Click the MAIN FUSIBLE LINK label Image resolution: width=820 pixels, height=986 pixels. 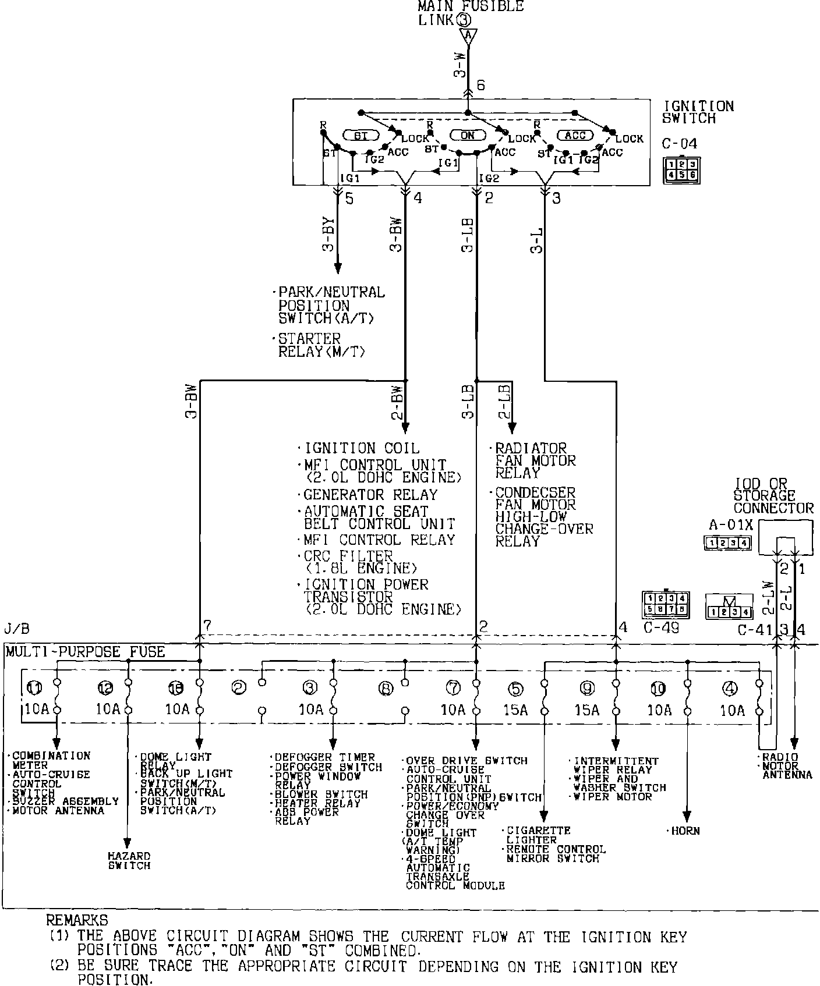click(x=471, y=12)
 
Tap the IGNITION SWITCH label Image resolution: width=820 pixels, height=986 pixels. click(x=698, y=112)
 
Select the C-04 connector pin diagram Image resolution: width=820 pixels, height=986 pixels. click(x=681, y=169)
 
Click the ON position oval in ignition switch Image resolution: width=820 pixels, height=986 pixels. click(x=468, y=135)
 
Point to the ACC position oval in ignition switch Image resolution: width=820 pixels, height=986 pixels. click(x=575, y=135)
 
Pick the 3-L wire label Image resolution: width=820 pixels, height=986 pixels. click(x=536, y=240)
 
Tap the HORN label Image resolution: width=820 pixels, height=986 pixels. click(x=685, y=831)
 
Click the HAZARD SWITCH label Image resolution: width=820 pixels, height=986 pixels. click(x=129, y=861)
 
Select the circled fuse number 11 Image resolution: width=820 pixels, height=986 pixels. click(x=34, y=689)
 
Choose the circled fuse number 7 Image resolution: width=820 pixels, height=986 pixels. click(x=453, y=689)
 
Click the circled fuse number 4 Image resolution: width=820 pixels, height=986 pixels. click(x=729, y=689)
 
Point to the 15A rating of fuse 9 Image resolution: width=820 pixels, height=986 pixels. click(x=586, y=710)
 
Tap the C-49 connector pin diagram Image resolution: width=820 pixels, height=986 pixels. click(x=666, y=605)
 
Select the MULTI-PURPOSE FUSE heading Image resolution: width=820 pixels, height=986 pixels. click(x=85, y=652)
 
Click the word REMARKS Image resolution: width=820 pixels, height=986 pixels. click(x=77, y=920)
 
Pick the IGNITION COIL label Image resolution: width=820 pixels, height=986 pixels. click(x=361, y=448)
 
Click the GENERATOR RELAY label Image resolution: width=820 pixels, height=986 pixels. click(x=370, y=495)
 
